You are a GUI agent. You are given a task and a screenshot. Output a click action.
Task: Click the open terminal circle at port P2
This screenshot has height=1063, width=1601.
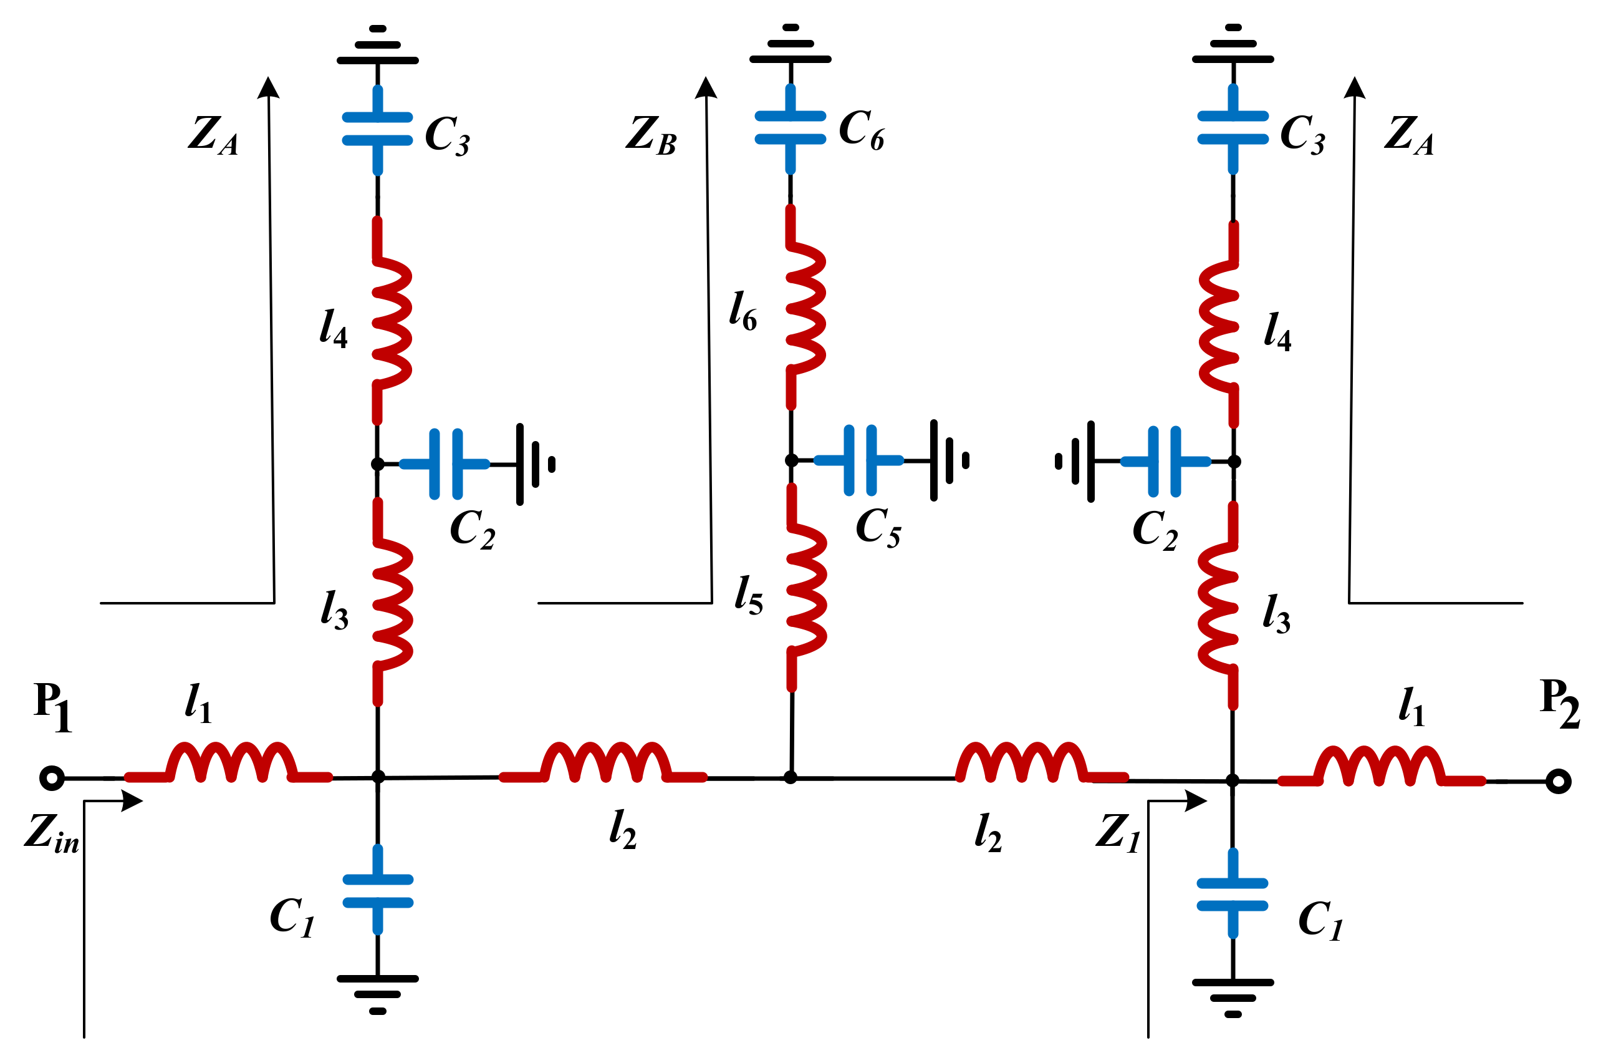pos(1559,782)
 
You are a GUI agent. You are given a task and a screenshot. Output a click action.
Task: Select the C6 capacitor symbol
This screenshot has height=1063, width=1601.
pos(790,127)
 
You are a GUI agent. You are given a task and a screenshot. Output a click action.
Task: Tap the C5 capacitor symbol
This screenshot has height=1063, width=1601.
pos(860,460)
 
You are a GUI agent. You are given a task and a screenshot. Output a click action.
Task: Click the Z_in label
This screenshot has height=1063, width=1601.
pos(52,833)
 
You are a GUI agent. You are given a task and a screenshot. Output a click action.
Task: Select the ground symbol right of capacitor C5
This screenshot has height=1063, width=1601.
pos(948,460)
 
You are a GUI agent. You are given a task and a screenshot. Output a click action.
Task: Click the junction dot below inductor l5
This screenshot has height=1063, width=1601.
pos(790,777)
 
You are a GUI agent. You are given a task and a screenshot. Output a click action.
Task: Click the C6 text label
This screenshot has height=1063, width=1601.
pos(861,130)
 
